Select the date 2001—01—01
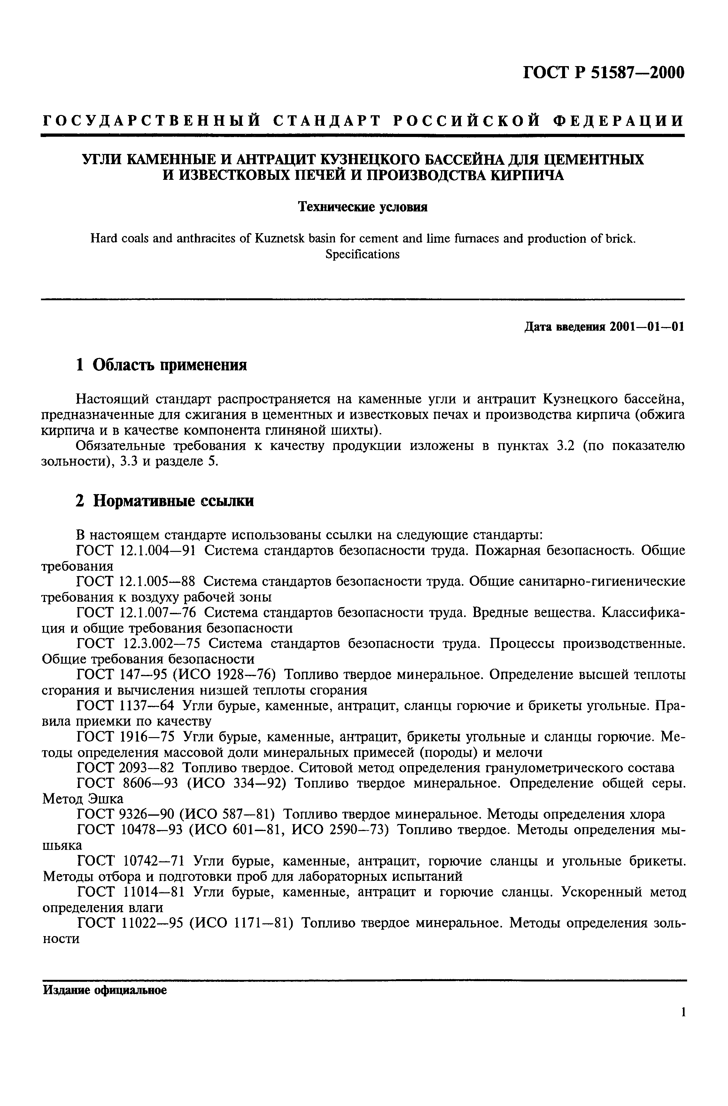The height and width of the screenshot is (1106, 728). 647,327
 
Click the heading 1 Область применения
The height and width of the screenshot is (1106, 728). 161,365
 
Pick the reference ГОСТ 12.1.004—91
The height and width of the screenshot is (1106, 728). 135,551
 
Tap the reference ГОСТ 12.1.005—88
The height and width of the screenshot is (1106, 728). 135,582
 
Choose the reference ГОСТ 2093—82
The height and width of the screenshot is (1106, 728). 126,768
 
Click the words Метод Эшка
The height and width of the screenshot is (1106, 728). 83,799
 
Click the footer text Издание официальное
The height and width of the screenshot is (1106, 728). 105,990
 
